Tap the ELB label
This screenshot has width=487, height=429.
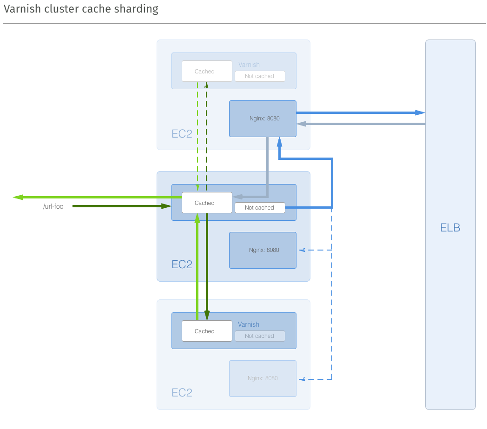pos(450,228)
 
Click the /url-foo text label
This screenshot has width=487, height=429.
pos(53,206)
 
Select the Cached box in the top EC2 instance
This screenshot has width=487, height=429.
pos(207,71)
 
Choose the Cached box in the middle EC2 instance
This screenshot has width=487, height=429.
pos(207,203)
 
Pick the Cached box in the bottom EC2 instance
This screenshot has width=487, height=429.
pos(207,331)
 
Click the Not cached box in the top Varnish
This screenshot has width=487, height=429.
pos(259,76)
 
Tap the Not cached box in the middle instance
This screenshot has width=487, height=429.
pos(259,208)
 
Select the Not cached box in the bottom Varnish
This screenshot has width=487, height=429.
pos(259,336)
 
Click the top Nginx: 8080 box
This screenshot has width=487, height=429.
pos(263,119)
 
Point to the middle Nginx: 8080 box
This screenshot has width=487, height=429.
pos(263,250)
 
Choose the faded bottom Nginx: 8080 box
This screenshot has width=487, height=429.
pos(263,378)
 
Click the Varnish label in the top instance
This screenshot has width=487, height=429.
pos(249,65)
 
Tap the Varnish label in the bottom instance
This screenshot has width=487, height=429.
pos(249,324)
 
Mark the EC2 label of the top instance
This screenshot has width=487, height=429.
pos(182,134)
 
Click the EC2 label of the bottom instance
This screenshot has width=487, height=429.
pos(182,393)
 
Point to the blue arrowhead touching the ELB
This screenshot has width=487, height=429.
pos(420,112)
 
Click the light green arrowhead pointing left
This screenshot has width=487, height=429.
pos(18,197)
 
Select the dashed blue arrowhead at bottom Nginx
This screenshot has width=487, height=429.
pos(302,380)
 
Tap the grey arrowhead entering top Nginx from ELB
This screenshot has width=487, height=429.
pos(302,124)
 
